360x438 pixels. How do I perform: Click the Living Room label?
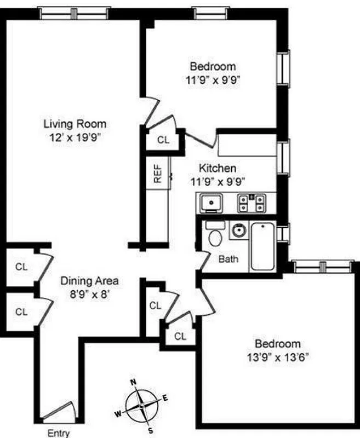coord(75,124)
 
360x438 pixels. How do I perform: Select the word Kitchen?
coord(217,168)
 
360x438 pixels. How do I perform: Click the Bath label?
coord(228,258)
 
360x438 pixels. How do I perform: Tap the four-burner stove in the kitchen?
coord(252,204)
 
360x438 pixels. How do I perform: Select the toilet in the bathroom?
coord(215,234)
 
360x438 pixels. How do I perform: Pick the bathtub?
coord(262,246)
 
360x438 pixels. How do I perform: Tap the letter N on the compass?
coord(133,382)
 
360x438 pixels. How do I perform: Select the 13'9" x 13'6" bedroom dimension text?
coord(278,355)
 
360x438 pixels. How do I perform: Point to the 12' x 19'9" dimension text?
coord(75,136)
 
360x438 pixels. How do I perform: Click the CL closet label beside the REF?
coord(163,140)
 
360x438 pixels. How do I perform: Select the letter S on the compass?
coord(150,430)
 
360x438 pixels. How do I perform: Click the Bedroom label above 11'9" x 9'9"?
coord(213,67)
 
